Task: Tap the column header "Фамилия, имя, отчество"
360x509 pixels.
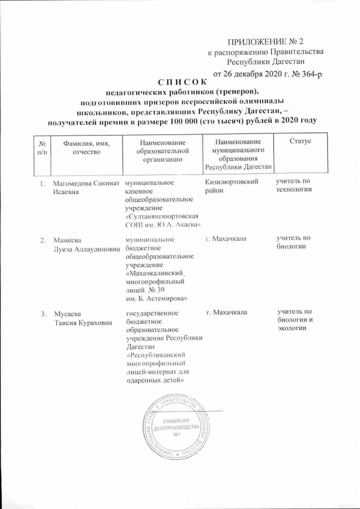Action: click(86, 148)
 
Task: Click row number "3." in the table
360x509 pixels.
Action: click(43, 313)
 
